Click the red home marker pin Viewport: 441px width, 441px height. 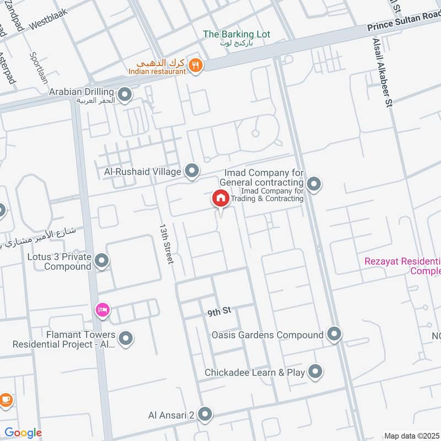(x=220, y=198)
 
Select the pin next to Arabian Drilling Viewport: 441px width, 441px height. (x=125, y=95)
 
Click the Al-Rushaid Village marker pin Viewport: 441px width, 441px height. (x=192, y=171)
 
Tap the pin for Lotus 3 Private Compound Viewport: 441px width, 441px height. (x=101, y=261)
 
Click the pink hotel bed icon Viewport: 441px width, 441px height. (x=103, y=310)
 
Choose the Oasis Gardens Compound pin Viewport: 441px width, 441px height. (x=334, y=334)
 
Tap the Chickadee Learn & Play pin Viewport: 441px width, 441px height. (x=315, y=372)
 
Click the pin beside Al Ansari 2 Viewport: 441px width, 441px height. (x=205, y=414)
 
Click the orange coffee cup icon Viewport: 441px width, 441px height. (x=5, y=400)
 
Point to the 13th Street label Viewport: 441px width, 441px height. (x=166, y=243)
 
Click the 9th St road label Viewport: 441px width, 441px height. (x=218, y=313)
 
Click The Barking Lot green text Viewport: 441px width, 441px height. (x=236, y=34)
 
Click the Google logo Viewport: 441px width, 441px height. (x=23, y=433)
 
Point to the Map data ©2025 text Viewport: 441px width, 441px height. (x=412, y=435)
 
